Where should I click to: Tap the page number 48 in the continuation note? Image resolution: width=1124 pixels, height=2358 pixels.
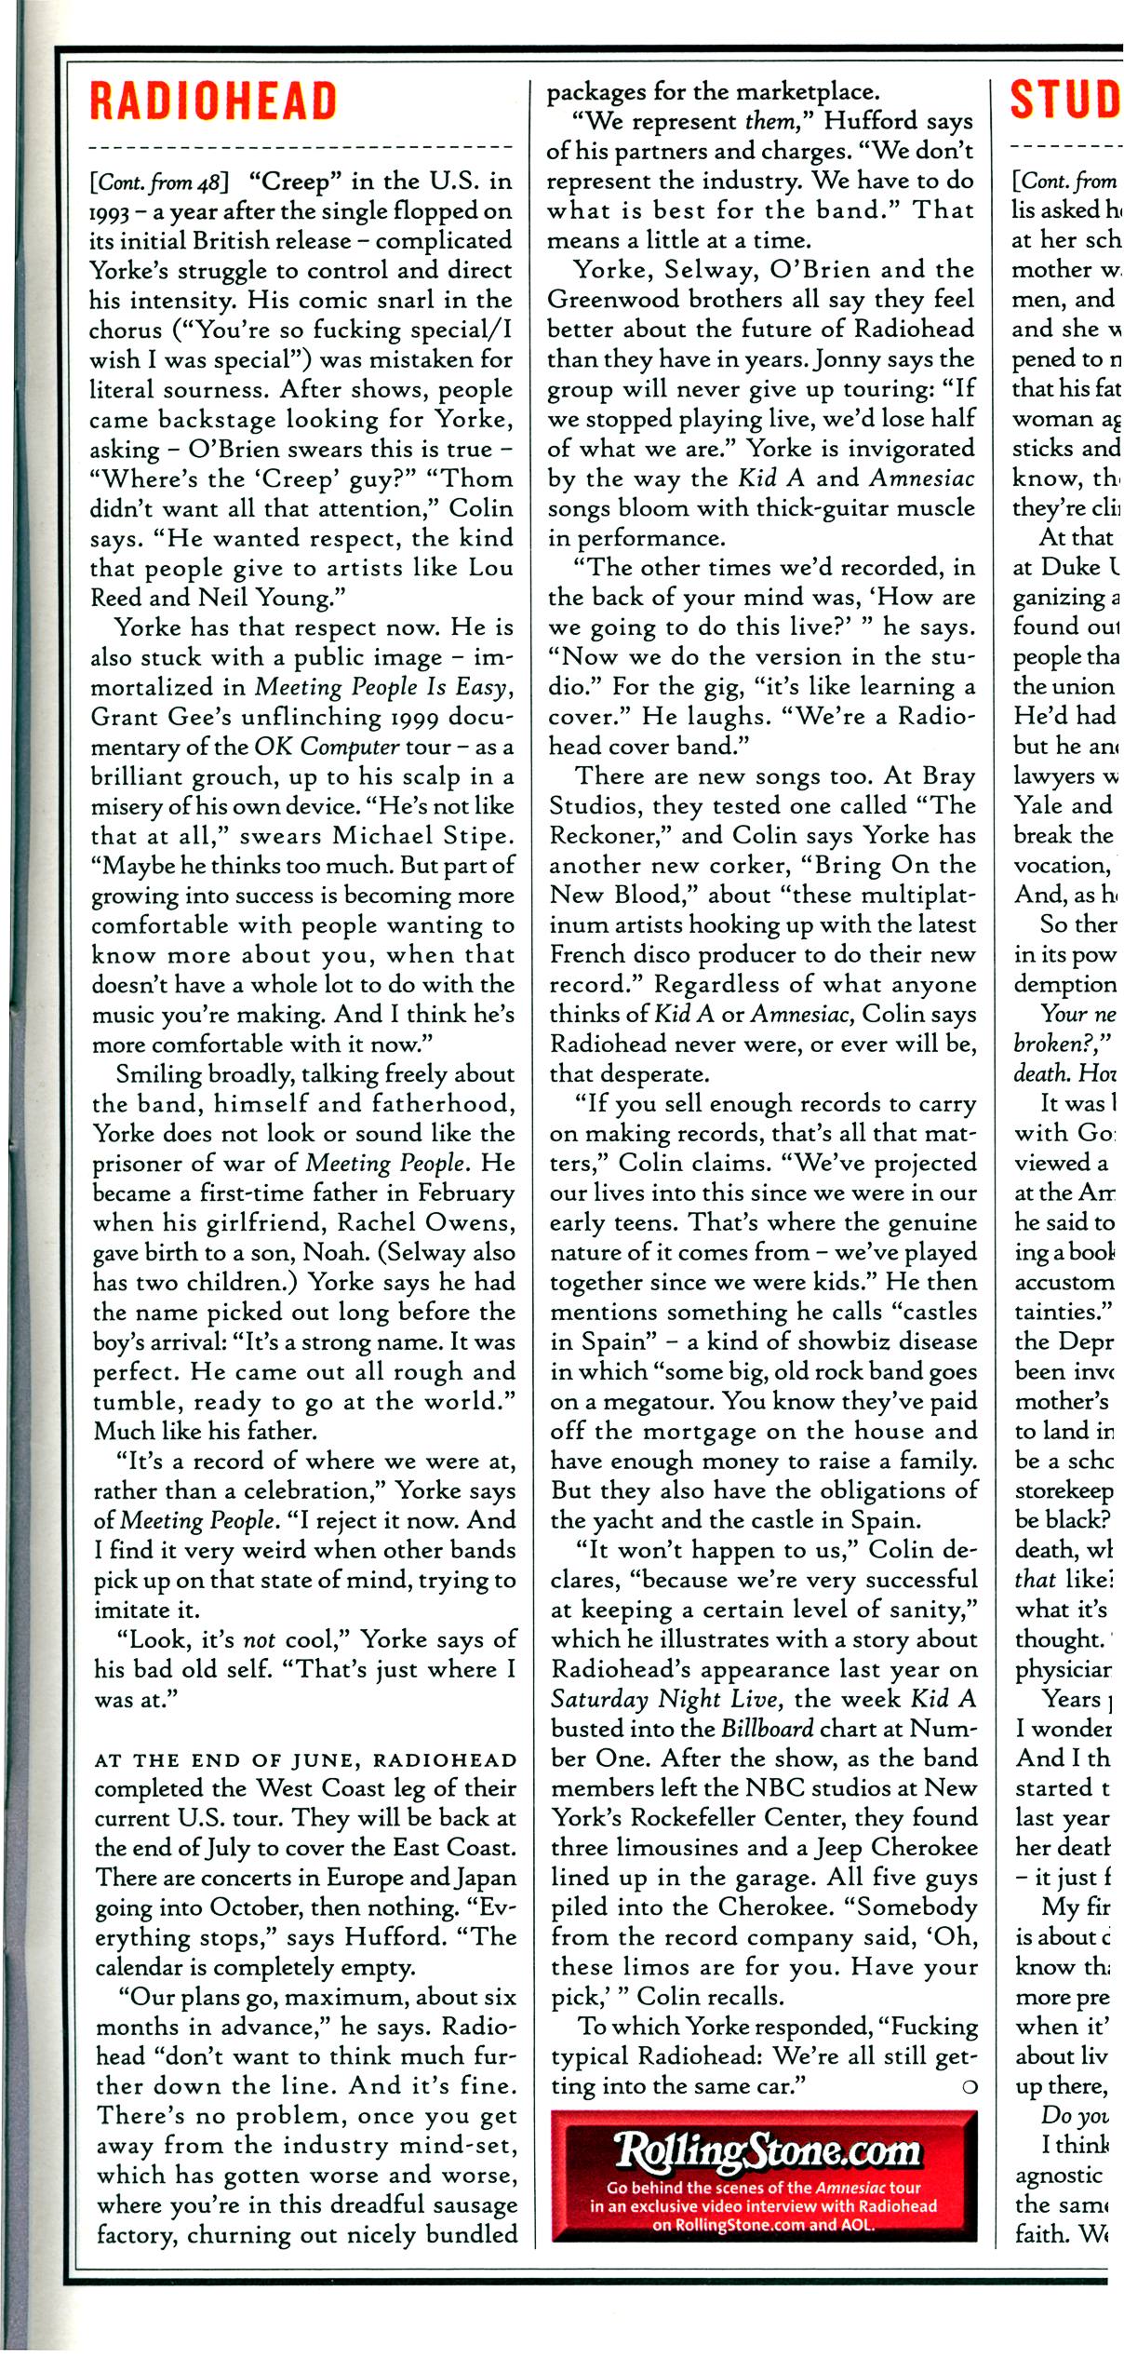tap(218, 181)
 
